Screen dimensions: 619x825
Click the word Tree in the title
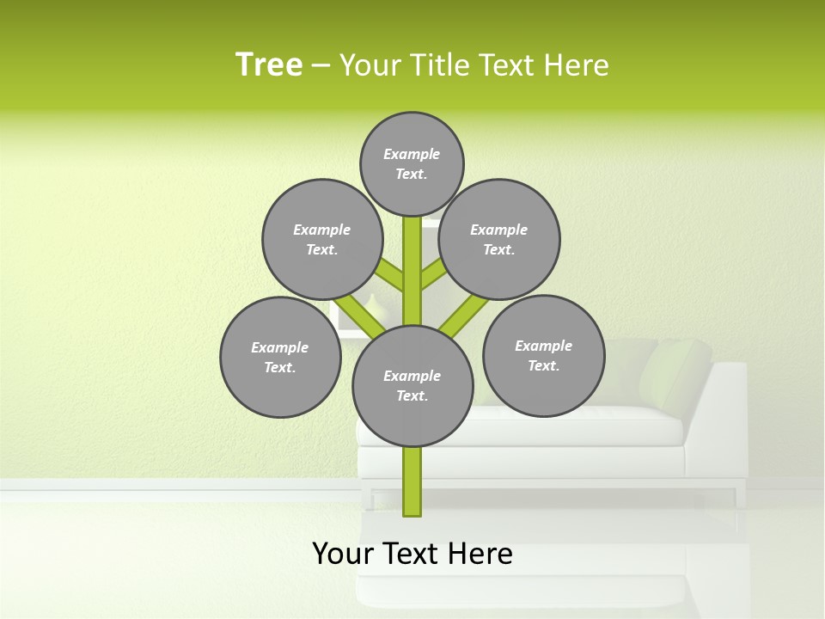click(269, 64)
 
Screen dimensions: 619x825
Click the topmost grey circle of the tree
click(412, 163)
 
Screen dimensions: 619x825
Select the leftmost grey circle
click(280, 357)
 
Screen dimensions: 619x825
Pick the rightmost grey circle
click(543, 355)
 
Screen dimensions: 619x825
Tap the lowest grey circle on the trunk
click(412, 386)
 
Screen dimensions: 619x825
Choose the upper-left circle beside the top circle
click(322, 239)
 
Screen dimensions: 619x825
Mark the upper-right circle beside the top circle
click(499, 239)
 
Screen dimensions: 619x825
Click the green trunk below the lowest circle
click(412, 481)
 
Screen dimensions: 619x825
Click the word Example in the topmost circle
click(412, 154)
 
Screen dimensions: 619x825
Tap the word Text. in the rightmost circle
click(543, 365)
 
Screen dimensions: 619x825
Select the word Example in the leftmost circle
click(280, 347)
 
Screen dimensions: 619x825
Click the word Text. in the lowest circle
click(412, 396)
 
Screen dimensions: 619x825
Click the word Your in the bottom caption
click(341, 554)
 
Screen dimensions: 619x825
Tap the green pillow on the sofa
click(684, 370)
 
